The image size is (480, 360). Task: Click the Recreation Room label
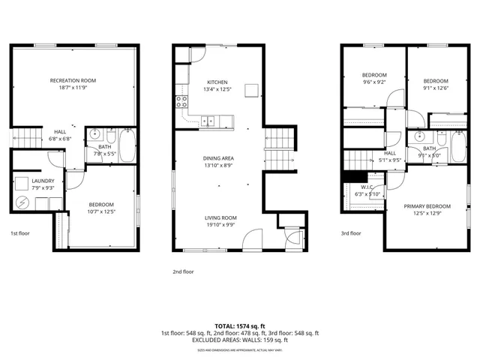tap(73, 80)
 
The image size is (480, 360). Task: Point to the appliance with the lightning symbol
tap(22, 202)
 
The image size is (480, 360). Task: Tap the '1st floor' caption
tap(20, 233)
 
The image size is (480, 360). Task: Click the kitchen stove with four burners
tap(181, 101)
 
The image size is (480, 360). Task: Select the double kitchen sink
tap(208, 120)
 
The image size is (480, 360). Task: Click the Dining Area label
tap(218, 158)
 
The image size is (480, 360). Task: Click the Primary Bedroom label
tap(427, 206)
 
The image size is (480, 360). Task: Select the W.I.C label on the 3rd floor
tap(367, 187)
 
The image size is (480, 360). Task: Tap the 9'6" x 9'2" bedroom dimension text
tap(373, 82)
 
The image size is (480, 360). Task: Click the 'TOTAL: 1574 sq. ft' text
tap(240, 326)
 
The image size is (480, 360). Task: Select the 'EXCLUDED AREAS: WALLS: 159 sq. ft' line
tap(240, 340)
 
